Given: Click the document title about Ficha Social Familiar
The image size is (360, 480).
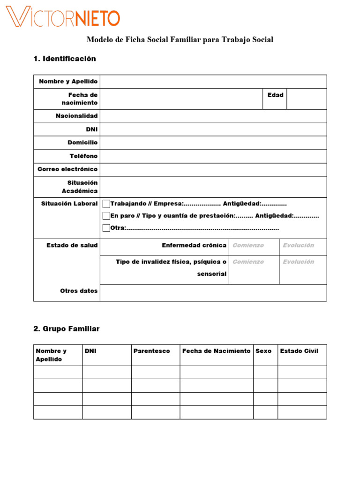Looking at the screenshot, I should [180, 40].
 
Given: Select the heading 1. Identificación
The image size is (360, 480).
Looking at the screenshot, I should [65, 59].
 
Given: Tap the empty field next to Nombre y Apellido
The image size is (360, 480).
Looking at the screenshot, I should [213, 82].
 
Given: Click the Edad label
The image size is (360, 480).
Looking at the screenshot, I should [275, 95].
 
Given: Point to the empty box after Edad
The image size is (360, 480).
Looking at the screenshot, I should [307, 99].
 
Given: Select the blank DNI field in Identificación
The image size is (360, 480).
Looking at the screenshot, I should [213, 129].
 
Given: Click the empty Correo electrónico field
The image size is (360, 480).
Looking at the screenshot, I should [213, 169].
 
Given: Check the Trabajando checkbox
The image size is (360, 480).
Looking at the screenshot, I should [106, 203].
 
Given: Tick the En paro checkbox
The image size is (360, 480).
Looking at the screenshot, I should [106, 216].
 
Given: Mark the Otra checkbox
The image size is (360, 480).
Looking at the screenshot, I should [106, 228].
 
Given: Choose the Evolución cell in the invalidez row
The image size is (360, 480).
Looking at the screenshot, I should [303, 269].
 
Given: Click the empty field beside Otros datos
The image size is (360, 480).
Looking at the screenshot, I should [213, 292].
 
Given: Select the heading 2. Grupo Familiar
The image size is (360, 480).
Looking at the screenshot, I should [67, 329].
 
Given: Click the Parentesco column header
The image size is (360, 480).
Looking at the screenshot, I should [151, 351].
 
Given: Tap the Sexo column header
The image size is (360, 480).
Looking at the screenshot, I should [263, 351].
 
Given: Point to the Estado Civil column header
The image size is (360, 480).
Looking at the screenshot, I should [299, 351].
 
